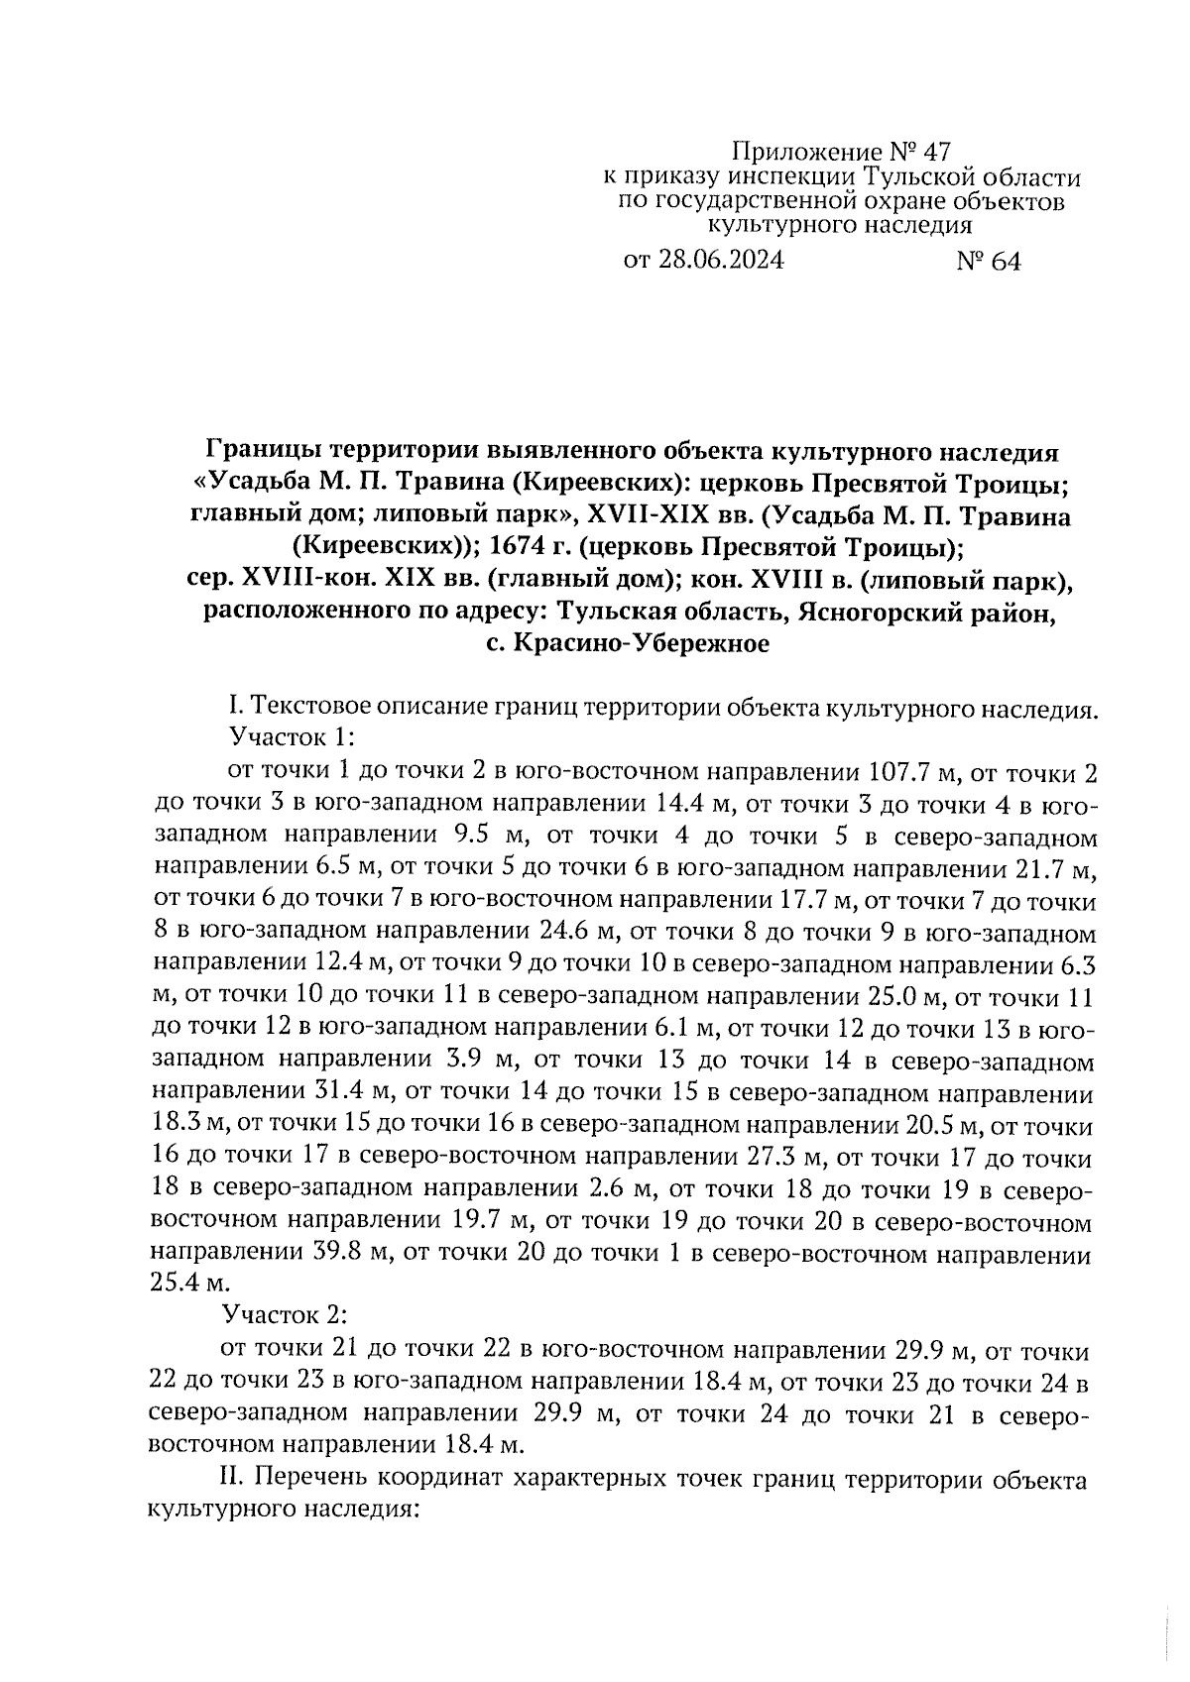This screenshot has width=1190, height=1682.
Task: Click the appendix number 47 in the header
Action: [936, 153]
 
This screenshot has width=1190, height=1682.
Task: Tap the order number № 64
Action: [988, 261]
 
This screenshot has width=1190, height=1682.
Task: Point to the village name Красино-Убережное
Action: [641, 644]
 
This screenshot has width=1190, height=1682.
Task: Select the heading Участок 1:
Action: [292, 737]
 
